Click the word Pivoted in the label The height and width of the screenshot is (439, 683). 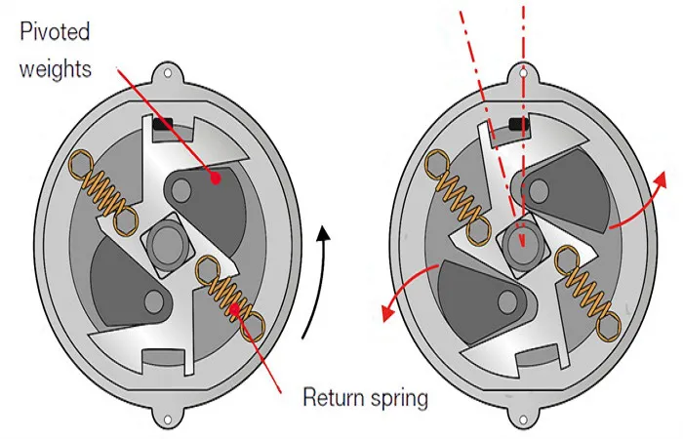pyautogui.click(x=55, y=32)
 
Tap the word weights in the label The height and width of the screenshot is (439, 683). pyautogui.click(x=56, y=69)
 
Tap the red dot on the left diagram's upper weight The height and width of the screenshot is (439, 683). pyautogui.click(x=216, y=178)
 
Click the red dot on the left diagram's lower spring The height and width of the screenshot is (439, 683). pyautogui.click(x=235, y=309)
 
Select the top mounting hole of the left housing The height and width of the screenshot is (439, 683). pyautogui.click(x=168, y=73)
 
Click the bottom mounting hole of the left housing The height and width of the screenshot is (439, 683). pyautogui.click(x=168, y=419)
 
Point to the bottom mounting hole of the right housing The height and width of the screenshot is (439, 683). pyautogui.click(x=523, y=419)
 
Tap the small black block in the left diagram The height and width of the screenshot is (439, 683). pyautogui.click(x=163, y=125)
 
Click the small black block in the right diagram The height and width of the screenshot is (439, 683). pyautogui.click(x=519, y=124)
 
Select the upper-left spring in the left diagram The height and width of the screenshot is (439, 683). pyautogui.click(x=103, y=193)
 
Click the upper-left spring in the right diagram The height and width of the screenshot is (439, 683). pyautogui.click(x=460, y=193)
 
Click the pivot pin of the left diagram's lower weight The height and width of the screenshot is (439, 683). pyautogui.click(x=153, y=300)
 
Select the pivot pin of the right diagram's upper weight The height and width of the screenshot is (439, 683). pyautogui.click(x=539, y=191)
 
